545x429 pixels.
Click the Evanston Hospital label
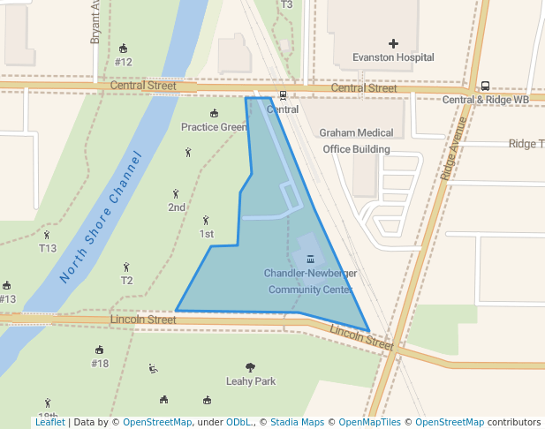tap(393, 57)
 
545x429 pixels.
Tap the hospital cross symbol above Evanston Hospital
tap(393, 43)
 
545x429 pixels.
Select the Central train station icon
tap(283, 96)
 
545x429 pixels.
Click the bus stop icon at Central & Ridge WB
tap(485, 87)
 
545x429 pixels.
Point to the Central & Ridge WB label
tap(485, 100)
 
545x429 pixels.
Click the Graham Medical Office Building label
tap(356, 140)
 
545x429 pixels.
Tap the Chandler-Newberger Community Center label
tap(310, 281)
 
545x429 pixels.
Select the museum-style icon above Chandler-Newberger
tap(310, 260)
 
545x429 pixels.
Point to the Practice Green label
tap(214, 127)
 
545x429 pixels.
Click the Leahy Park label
tap(251, 381)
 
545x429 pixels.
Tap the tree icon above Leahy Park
tap(251, 367)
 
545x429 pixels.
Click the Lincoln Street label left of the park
tap(143, 320)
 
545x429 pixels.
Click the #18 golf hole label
tap(100, 363)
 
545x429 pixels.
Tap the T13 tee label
tap(47, 248)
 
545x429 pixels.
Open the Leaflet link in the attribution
tap(49, 423)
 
